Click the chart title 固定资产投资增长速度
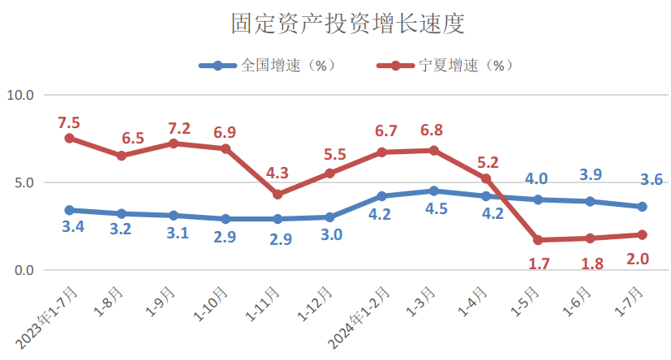pos(335,23)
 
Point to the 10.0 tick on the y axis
pos(20,95)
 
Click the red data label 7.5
pos(69,122)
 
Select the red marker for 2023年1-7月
pos(70,138)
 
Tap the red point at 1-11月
pos(277,195)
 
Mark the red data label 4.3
pos(277,173)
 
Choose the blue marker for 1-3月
pos(434,191)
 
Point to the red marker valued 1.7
pos(538,240)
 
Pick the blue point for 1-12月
pos(329,217)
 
